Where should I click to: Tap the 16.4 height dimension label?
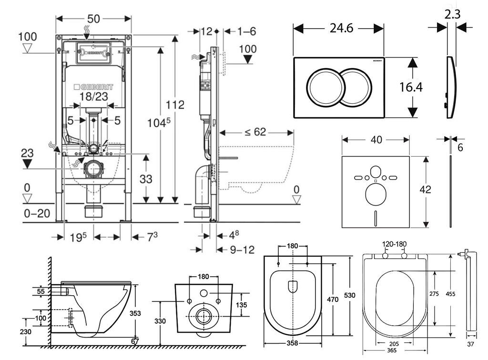(x=411, y=87)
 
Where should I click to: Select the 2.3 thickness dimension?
(x=452, y=14)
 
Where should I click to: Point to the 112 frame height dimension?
(x=175, y=105)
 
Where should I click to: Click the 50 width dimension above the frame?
(x=93, y=19)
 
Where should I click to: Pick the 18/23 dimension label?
(x=93, y=97)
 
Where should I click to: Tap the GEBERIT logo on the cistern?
(x=93, y=88)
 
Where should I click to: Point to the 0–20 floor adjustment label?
(x=37, y=213)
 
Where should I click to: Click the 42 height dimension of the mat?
(x=425, y=189)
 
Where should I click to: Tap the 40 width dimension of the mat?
(x=376, y=140)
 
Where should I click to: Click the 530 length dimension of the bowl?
(x=350, y=295)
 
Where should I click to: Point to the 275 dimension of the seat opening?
(x=434, y=294)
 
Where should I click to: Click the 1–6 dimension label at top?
(x=246, y=31)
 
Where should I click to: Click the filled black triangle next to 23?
(x=28, y=164)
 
